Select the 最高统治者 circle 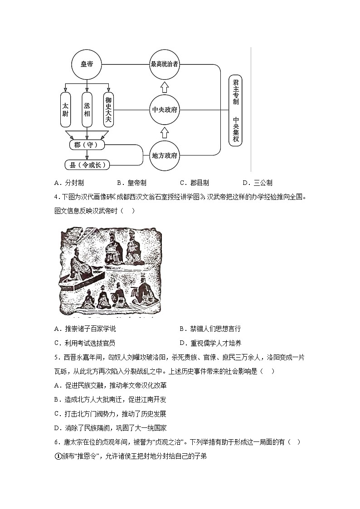165,64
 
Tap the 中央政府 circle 165,110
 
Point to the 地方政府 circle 165,155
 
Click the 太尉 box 65,110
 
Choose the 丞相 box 87,110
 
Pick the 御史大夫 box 108,110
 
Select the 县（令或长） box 88,165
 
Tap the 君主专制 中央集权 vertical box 235,110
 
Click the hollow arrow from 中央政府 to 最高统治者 165,87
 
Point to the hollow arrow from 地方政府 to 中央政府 165,132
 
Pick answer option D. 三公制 257,183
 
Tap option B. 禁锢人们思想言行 210,329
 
